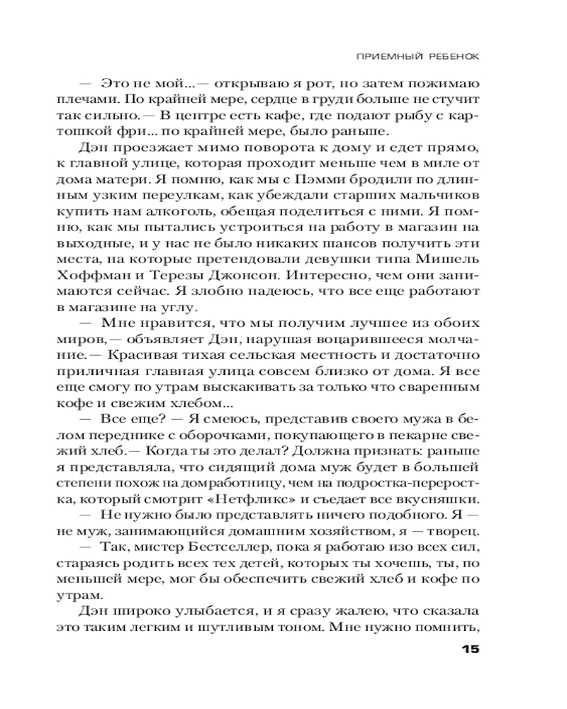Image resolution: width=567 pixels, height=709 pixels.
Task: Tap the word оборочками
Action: coord(212,434)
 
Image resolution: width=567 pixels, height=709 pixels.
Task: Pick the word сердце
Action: coord(277,99)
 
